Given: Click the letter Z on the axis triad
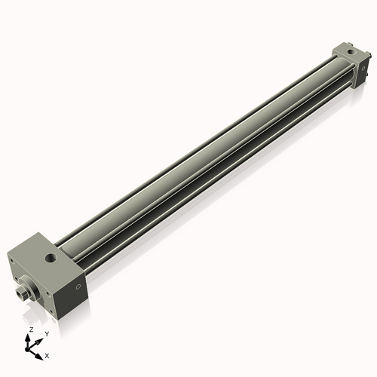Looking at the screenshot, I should pyautogui.click(x=31, y=330).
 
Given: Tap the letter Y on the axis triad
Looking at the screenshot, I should pyautogui.click(x=47, y=333).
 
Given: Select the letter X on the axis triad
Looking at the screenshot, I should pyautogui.click(x=48, y=354).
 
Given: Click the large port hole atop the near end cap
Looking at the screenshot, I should pyautogui.click(x=51, y=259).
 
